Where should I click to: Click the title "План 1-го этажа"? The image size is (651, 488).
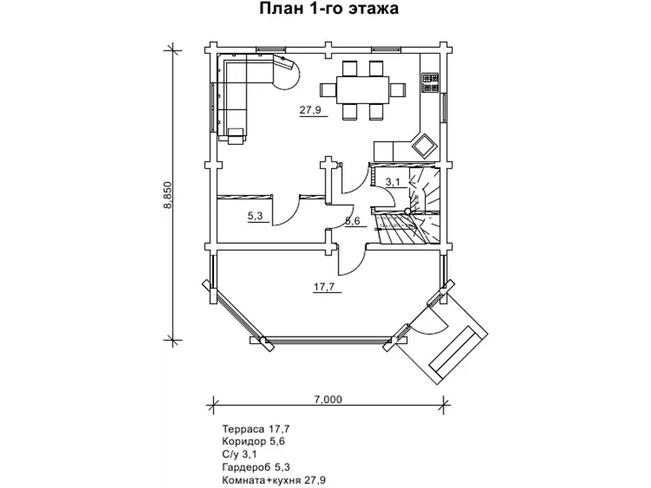(x=329, y=9)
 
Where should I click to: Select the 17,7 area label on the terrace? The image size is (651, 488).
(x=324, y=287)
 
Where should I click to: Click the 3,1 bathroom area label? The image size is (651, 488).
(x=393, y=181)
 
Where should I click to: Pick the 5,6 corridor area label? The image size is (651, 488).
(x=352, y=220)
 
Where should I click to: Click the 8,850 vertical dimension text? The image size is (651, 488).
(x=168, y=195)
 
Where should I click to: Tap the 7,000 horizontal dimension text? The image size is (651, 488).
(x=328, y=399)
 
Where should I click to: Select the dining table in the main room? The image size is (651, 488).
(x=363, y=89)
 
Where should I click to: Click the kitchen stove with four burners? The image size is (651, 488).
(x=430, y=83)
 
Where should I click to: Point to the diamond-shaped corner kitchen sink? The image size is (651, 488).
(x=424, y=146)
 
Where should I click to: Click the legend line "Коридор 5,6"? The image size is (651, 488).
(x=254, y=442)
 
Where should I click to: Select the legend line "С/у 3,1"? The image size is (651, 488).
(x=240, y=455)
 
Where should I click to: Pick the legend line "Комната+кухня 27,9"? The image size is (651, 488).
(x=274, y=481)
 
